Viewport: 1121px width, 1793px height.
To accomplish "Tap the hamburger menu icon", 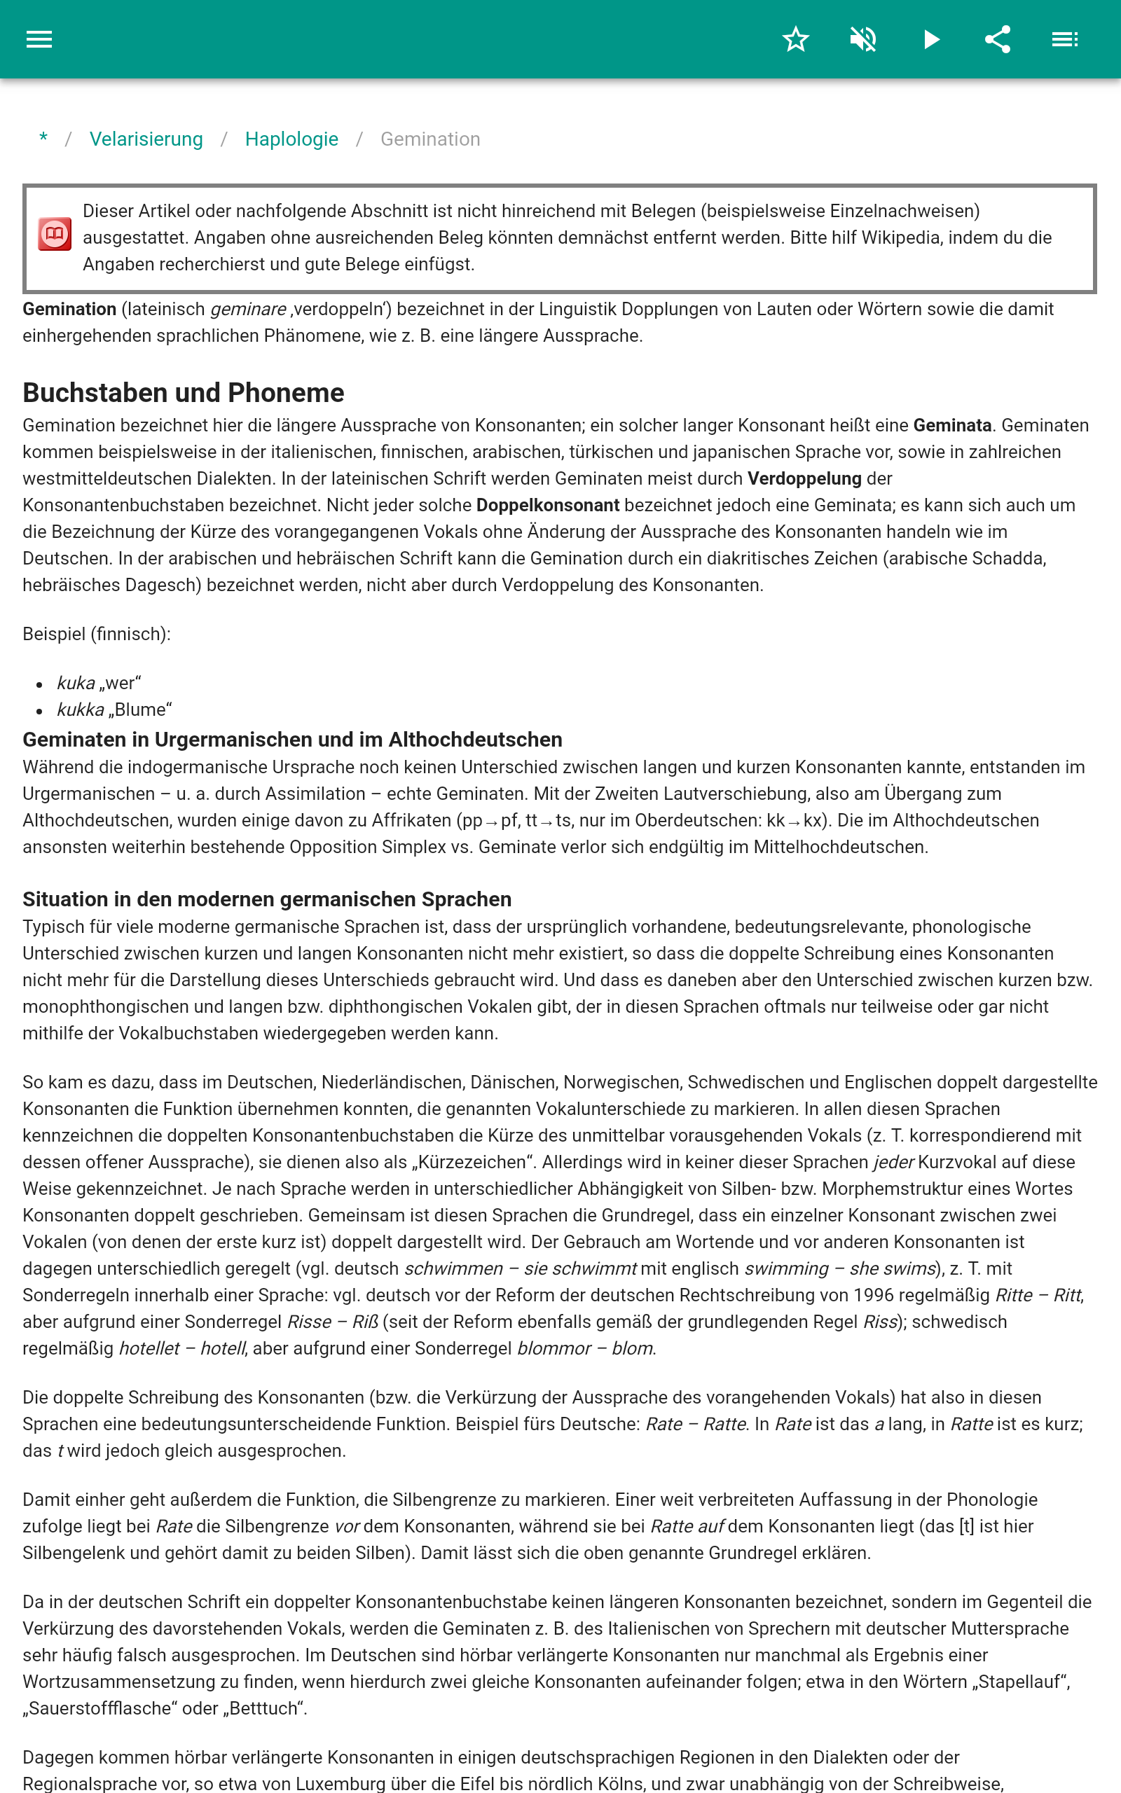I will click(39, 39).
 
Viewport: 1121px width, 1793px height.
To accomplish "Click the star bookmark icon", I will click(795, 39).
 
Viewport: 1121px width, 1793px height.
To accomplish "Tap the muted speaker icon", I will click(863, 39).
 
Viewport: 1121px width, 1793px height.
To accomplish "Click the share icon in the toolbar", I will click(998, 39).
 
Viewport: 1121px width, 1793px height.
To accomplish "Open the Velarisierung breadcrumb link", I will click(146, 139).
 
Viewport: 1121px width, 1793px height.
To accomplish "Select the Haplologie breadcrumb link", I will click(291, 139).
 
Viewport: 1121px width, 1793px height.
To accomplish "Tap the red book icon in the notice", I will click(55, 234).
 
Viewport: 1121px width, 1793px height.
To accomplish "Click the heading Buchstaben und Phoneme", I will click(183, 393).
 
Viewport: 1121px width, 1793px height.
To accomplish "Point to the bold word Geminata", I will click(952, 425).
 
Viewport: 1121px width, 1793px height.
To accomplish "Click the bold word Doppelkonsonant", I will click(547, 505).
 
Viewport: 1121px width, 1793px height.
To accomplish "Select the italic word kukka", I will click(80, 709).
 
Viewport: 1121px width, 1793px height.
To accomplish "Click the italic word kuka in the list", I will click(76, 683).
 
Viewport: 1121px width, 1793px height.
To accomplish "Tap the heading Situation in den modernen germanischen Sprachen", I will click(267, 899).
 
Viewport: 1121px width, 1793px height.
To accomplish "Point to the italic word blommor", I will click(553, 1348).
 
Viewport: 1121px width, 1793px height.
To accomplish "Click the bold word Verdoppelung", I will click(804, 478).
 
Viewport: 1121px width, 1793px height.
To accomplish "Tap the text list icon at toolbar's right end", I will click(1065, 39).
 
